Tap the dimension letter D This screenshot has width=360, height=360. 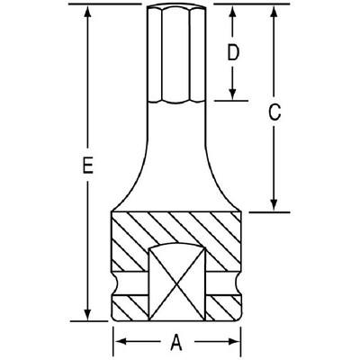click(232, 53)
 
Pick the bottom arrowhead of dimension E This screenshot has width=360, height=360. click(86, 314)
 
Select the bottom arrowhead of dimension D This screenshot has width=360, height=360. click(232, 94)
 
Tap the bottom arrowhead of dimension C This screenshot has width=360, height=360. click(274, 206)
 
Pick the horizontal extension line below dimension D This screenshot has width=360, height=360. click(229, 99)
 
